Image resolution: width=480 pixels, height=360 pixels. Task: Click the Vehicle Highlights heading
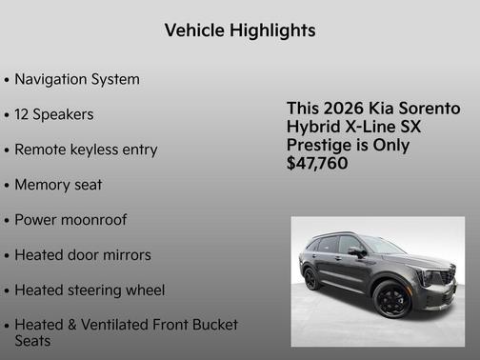pos(239,30)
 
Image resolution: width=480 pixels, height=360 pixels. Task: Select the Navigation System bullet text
pos(77,79)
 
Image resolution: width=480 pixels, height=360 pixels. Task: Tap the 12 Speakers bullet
pos(54,114)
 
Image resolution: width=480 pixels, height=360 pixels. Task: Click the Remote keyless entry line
pos(86,150)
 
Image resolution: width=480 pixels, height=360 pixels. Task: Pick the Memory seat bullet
pos(58,185)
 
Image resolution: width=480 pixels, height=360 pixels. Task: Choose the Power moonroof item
pos(70,220)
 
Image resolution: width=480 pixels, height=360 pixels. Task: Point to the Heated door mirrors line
pos(83,255)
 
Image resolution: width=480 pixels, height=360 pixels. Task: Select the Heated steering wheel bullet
pos(90,290)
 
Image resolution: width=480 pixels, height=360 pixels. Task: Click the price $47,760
pos(317,164)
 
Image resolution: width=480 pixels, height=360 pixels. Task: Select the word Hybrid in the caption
pos(311,127)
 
